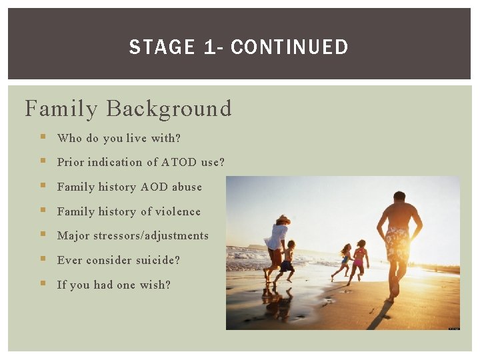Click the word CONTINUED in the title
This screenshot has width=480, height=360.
point(289,47)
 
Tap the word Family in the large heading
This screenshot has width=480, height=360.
point(62,109)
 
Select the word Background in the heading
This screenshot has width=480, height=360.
point(169,109)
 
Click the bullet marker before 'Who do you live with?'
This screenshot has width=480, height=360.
point(43,137)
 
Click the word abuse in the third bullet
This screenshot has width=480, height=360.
point(187,187)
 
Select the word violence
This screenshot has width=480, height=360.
point(177,212)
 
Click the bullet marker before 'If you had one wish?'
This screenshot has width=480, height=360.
point(43,284)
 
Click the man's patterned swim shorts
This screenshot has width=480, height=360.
point(397,244)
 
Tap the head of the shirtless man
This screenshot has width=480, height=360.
point(399,198)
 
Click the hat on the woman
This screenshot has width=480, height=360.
point(283,219)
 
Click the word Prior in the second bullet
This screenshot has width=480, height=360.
point(71,163)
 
